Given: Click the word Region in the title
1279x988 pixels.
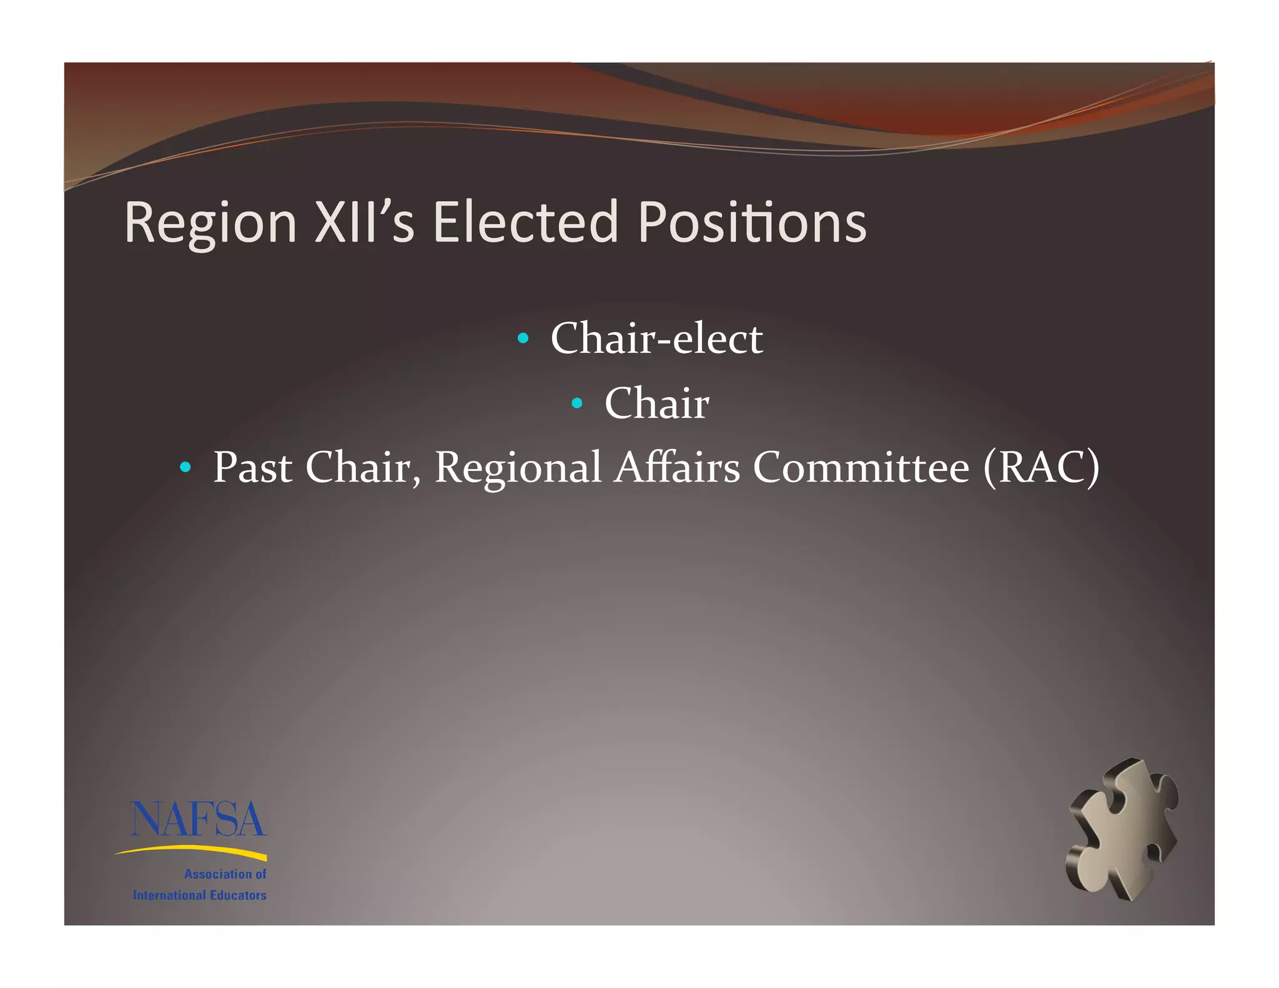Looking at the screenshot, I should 210,223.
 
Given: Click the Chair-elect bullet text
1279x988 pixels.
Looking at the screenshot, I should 656,338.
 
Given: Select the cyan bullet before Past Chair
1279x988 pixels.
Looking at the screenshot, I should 185,467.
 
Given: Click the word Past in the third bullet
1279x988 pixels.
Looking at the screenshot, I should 252,467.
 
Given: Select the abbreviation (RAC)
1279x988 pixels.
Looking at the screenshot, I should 1041,467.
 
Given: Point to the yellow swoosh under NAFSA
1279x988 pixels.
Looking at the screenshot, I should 191,851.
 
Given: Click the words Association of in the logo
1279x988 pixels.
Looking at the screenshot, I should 225,874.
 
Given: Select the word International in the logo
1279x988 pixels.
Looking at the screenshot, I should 169,896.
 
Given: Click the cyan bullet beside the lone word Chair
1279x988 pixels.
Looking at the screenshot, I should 577,403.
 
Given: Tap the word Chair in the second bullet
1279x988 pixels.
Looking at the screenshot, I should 656,403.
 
